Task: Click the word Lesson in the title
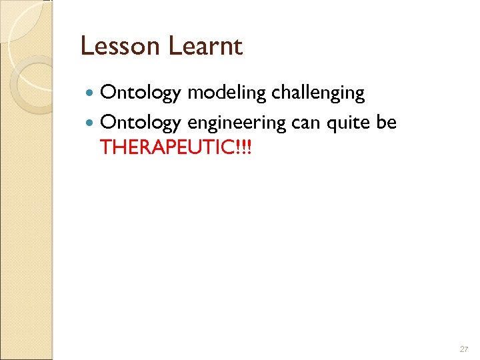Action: [x=121, y=47]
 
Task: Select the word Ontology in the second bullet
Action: [x=140, y=123]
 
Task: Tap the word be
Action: [x=387, y=123]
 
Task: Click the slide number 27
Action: [x=464, y=349]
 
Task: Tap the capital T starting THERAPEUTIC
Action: [x=105, y=147]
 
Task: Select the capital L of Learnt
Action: [x=175, y=47]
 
